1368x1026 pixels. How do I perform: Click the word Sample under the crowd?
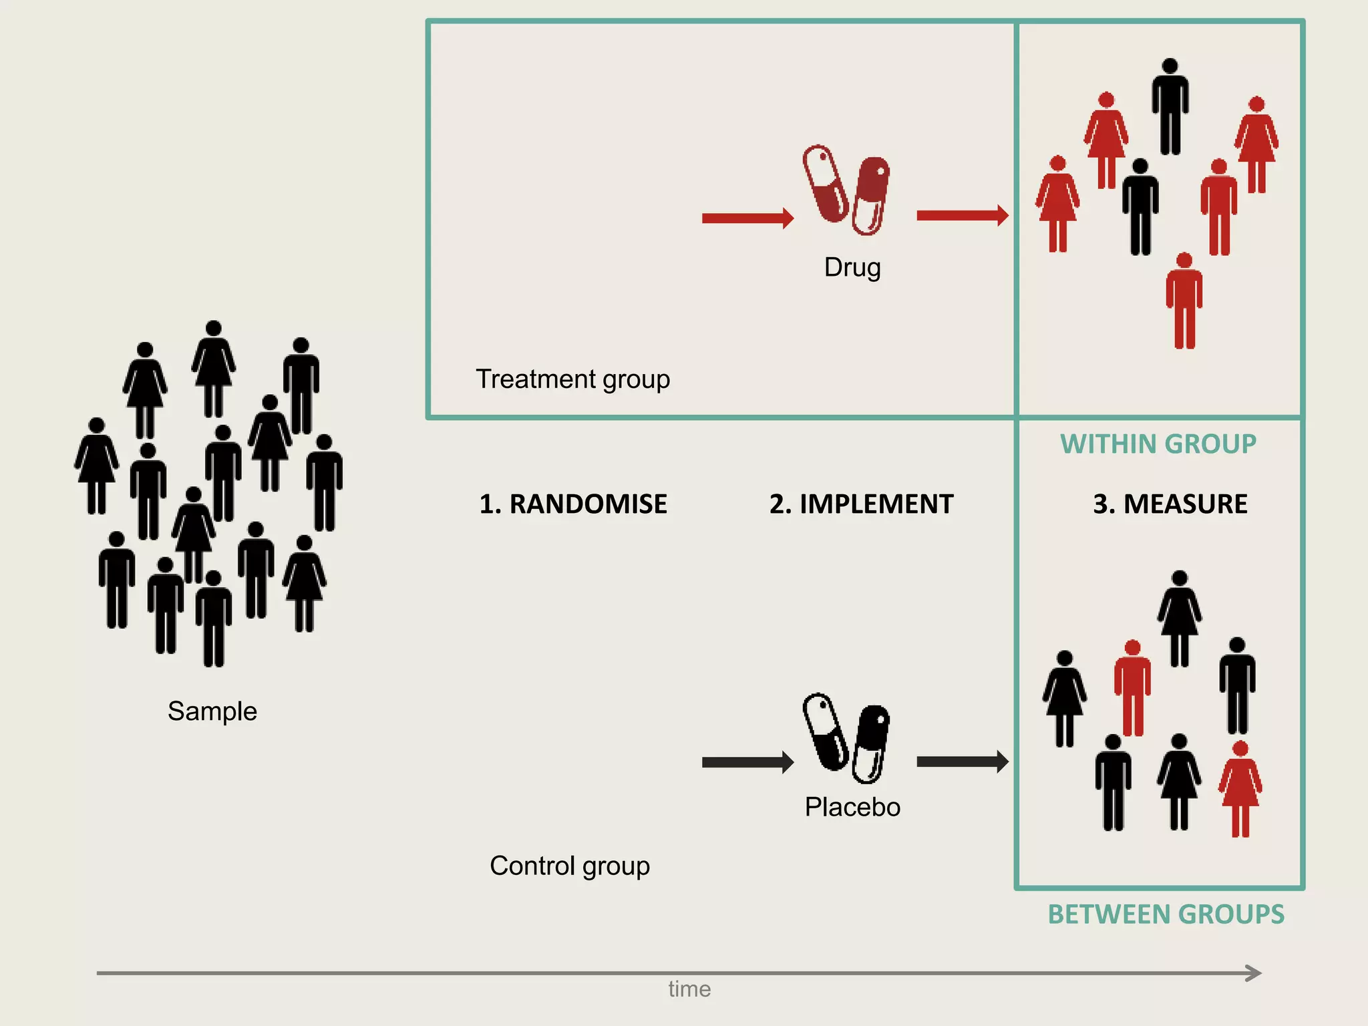[x=212, y=711]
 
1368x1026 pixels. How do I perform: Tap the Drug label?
[x=852, y=267]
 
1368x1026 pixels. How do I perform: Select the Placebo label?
[x=852, y=807]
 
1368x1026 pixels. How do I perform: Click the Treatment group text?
[x=572, y=379]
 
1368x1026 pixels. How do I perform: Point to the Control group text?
[x=569, y=866]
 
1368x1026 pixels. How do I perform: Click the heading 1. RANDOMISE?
[x=572, y=504]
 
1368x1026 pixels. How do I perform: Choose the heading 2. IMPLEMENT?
[x=861, y=504]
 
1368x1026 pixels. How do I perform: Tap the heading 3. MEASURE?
[x=1170, y=504]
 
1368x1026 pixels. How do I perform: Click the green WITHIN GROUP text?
[x=1158, y=444]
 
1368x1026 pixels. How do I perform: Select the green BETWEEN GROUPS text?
[x=1166, y=914]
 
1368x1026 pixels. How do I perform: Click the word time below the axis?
[x=689, y=989]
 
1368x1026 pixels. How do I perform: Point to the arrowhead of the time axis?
[x=1254, y=973]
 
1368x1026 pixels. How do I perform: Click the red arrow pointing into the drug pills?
[x=747, y=218]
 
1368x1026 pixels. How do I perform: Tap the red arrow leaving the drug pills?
[x=962, y=215]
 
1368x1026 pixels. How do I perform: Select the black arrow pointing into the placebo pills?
[x=747, y=762]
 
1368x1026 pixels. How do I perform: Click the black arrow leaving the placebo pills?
[x=962, y=761]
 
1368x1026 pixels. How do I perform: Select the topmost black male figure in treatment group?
[x=1170, y=107]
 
